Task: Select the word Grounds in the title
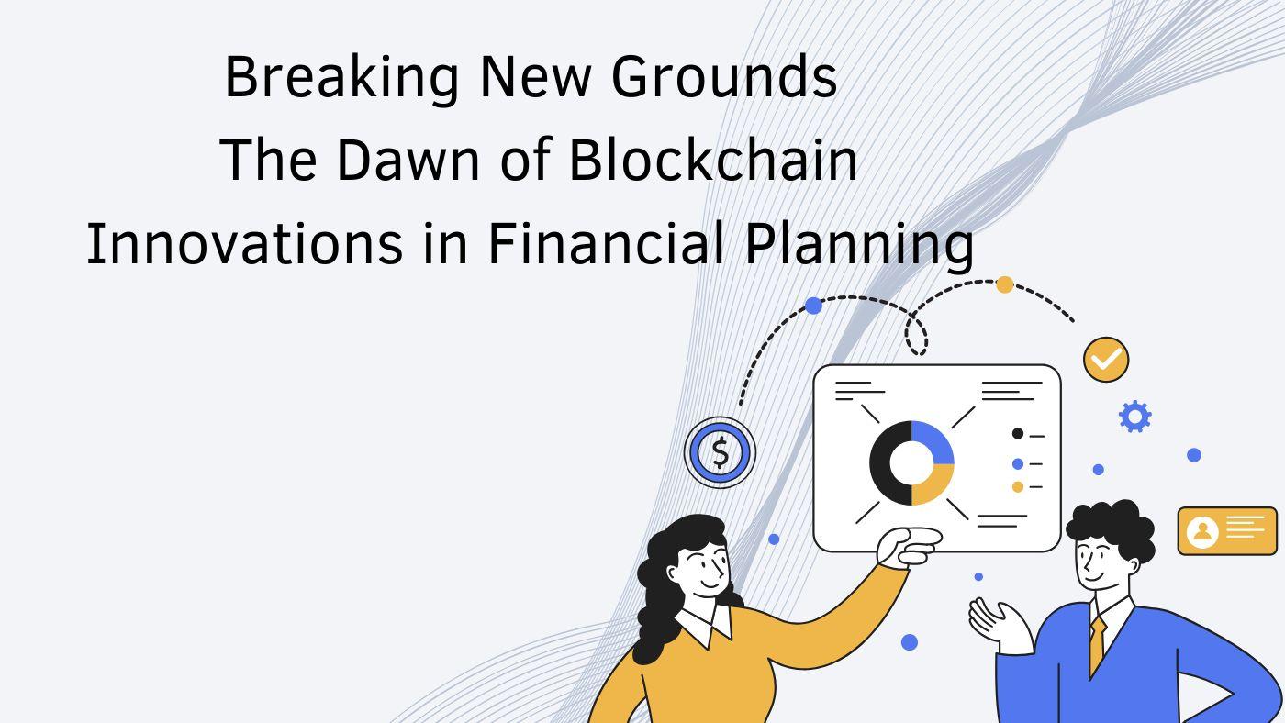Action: tap(724, 76)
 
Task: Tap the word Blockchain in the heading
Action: tap(713, 159)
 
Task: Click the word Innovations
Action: tap(245, 243)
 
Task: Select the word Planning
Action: tap(859, 245)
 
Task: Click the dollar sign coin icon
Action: tap(720, 452)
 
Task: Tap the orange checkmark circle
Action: tap(1106, 360)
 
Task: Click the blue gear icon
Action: tap(1134, 417)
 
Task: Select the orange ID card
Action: tap(1227, 531)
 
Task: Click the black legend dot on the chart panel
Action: tap(1018, 433)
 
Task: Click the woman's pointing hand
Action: tap(908, 548)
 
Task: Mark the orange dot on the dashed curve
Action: tap(1004, 285)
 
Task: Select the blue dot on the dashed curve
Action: tap(813, 306)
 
